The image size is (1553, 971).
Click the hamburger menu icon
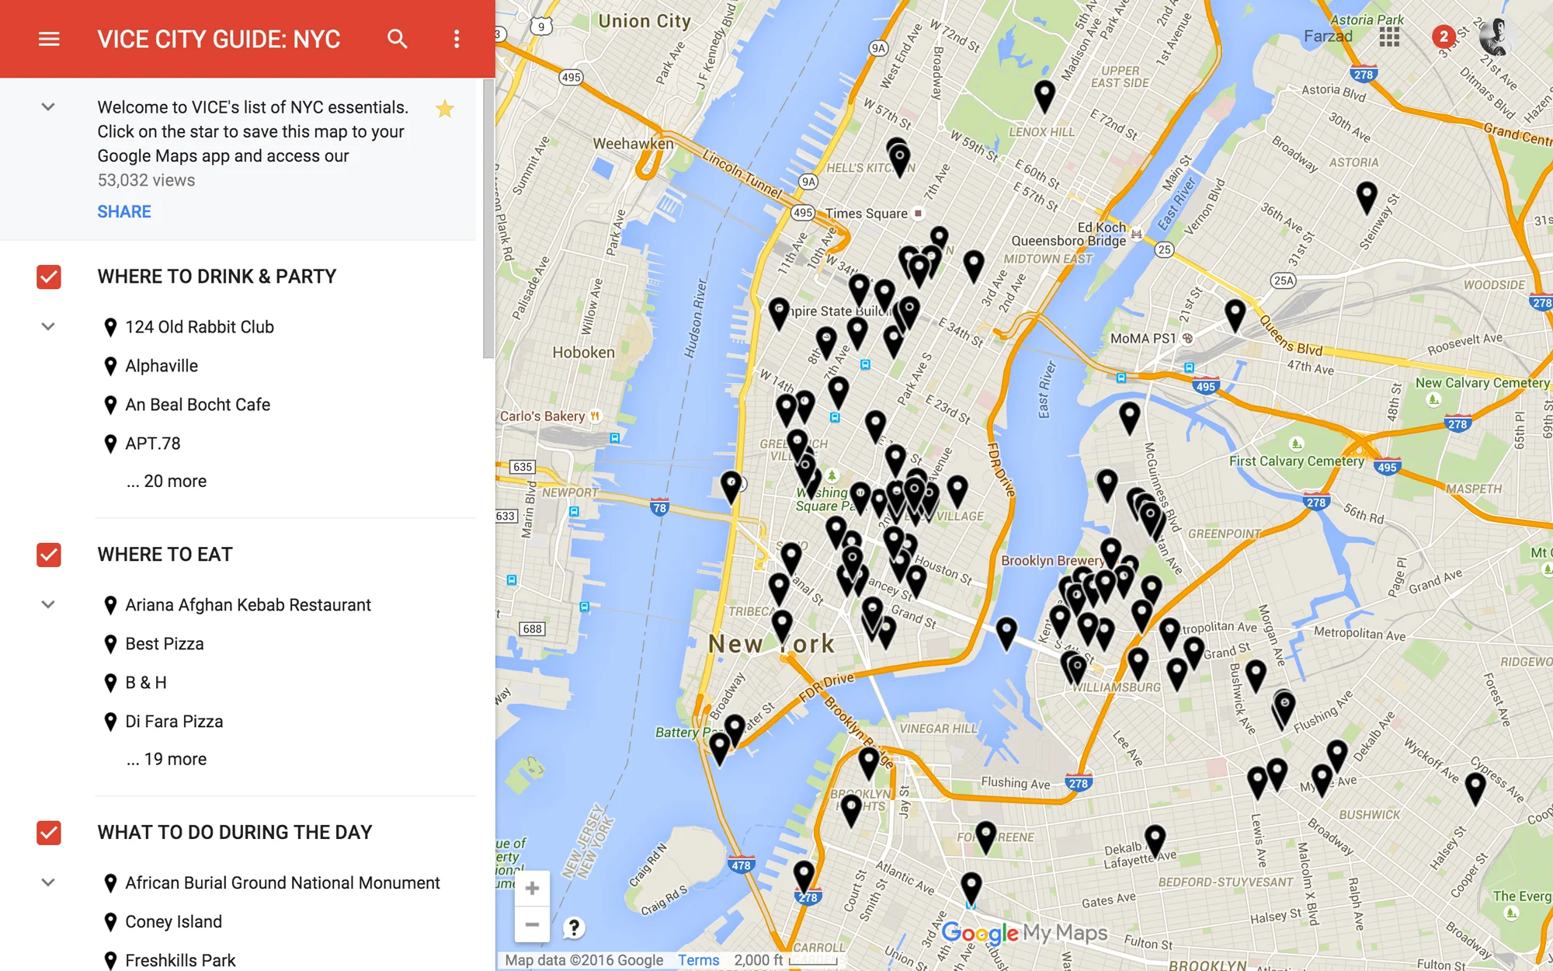pos(49,39)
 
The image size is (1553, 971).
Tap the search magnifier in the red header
pos(397,39)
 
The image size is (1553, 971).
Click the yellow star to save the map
pos(445,109)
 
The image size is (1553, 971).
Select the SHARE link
pos(124,211)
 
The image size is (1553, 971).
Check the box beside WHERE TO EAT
pos(49,555)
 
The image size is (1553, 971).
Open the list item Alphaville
pos(162,366)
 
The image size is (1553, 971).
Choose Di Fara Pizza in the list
pos(174,722)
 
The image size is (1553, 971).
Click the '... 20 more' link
pos(167,482)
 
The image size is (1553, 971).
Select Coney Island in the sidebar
pos(173,922)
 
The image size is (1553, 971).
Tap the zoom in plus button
pos(532,888)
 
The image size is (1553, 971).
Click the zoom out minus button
pos(532,924)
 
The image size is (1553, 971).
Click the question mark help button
pos(574,927)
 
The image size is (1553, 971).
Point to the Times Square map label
pos(867,214)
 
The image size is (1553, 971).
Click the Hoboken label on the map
pos(583,353)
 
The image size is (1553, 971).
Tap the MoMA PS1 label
pos(1143,339)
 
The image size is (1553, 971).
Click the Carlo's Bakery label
pos(543,416)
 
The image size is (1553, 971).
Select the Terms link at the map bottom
pos(698,960)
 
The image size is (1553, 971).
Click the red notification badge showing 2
pos(1444,36)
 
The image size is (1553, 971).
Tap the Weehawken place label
pos(634,144)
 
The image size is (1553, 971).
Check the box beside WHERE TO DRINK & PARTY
pos(49,277)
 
